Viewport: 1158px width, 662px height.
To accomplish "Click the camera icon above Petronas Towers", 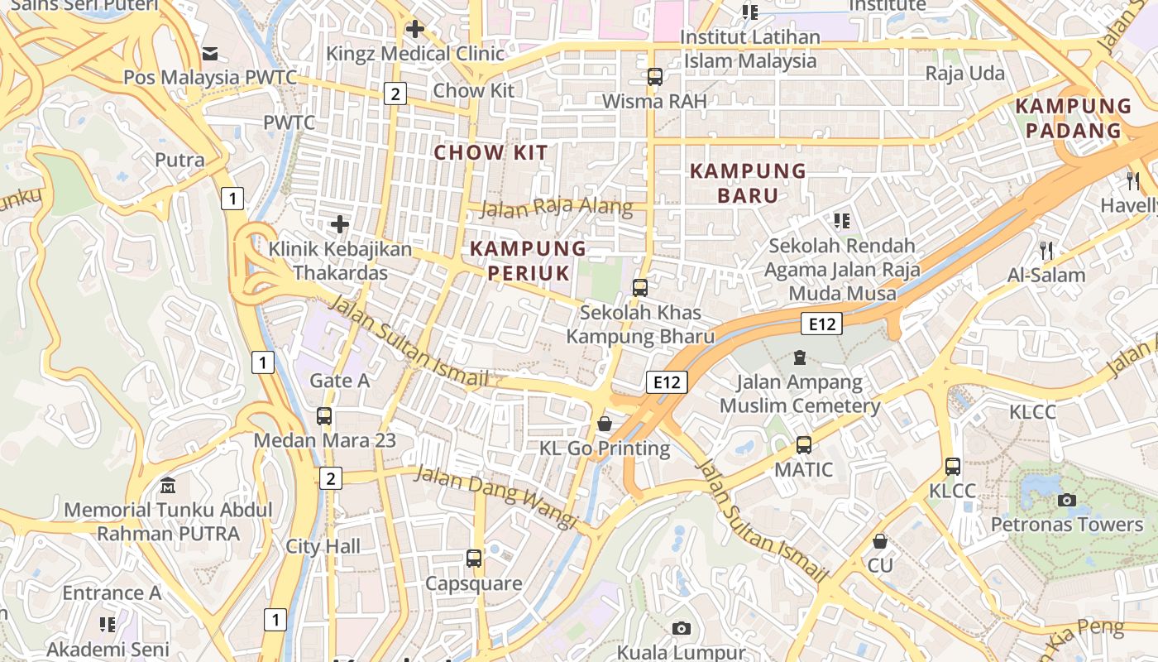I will [x=1067, y=500].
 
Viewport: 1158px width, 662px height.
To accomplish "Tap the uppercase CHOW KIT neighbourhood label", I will [x=491, y=152].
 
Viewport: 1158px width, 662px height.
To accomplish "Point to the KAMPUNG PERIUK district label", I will [x=529, y=261].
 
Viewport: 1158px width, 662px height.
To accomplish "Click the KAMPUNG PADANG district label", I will [x=1074, y=118].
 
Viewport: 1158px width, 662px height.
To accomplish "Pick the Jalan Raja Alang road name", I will [x=556, y=207].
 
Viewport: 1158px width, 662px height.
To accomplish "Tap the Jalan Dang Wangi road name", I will [x=495, y=495].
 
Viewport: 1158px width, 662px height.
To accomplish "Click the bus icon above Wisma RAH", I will [x=655, y=77].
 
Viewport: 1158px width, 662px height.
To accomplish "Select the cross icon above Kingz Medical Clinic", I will [x=414, y=29].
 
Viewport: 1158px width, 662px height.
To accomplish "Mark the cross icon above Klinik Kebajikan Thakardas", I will [x=339, y=224].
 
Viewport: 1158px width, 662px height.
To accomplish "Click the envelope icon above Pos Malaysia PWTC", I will [x=210, y=54].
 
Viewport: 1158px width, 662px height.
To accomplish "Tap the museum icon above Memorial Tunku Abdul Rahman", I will [x=169, y=486].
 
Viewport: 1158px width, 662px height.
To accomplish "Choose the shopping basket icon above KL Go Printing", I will [x=605, y=424].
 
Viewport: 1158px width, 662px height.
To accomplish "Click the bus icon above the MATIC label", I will [x=803, y=445].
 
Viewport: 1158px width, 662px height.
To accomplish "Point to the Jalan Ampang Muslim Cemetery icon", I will [x=799, y=357].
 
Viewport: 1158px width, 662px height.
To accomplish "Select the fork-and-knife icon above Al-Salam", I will [x=1046, y=251].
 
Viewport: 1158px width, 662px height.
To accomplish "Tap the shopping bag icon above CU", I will [x=880, y=541].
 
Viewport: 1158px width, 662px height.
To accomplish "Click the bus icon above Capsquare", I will [x=474, y=559].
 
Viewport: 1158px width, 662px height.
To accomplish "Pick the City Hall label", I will [x=323, y=546].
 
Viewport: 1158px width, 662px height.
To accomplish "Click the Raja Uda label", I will [x=964, y=74].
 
